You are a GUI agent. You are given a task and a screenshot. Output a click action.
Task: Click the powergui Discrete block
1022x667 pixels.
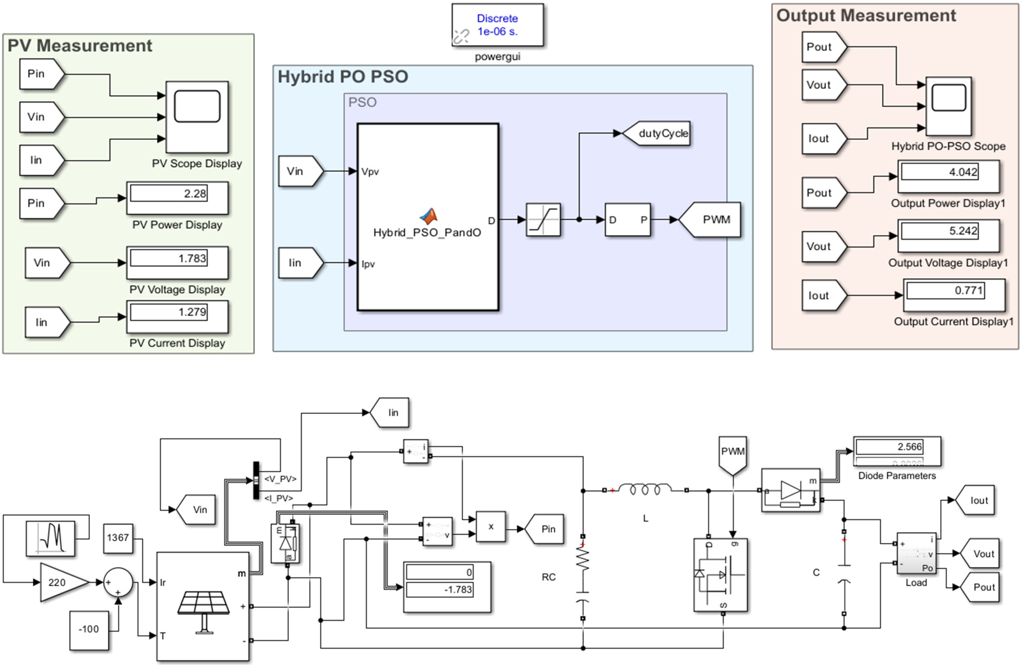click(x=497, y=25)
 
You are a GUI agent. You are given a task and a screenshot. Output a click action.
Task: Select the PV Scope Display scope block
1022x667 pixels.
click(x=197, y=117)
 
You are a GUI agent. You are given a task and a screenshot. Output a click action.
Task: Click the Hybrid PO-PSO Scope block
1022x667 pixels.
click(x=948, y=106)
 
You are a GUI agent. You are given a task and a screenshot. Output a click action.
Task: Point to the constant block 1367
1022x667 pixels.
click(x=118, y=538)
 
